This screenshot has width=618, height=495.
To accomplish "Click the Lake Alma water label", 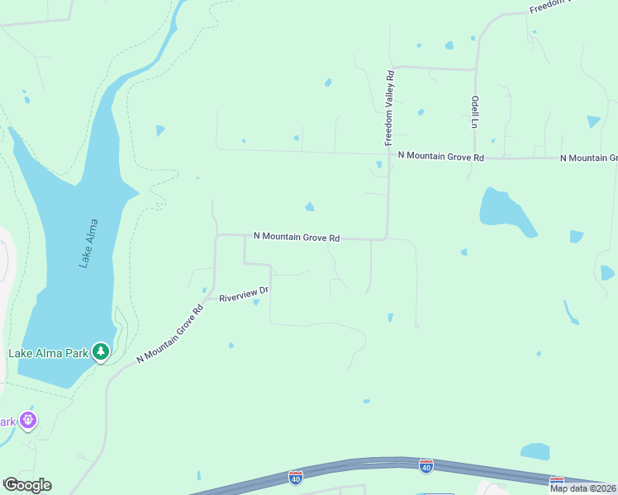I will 88,243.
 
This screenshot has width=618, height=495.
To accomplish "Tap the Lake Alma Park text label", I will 49,353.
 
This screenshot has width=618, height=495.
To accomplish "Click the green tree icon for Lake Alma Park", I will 101,352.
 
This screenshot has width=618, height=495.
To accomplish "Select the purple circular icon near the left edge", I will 29,420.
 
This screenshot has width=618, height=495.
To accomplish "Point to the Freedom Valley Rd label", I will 390,108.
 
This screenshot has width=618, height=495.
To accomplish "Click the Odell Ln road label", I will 475,111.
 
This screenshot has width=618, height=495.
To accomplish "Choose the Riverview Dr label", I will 245,293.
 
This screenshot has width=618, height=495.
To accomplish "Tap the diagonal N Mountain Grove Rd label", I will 170,335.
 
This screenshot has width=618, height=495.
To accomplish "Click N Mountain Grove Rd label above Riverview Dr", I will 297,237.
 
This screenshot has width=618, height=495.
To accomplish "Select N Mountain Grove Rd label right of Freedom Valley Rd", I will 440,155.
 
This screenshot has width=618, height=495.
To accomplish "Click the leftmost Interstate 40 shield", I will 296,477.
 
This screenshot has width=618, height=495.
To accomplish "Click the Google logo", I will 27,484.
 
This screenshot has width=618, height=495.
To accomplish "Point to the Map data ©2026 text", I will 582,488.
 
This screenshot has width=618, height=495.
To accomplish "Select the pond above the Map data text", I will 535,451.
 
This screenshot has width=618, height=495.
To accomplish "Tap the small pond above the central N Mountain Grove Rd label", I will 310,206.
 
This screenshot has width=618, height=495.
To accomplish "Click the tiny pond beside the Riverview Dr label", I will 256,302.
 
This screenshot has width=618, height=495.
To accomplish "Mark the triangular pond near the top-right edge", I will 593,121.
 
